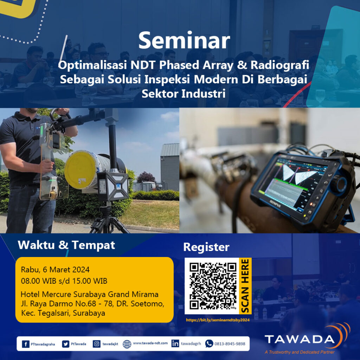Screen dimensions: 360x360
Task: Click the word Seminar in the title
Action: pyautogui.click(x=184, y=41)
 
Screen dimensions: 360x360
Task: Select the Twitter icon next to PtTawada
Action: pyautogui.click(x=66, y=344)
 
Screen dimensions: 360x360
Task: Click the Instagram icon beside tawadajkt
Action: pyautogui.click(x=97, y=344)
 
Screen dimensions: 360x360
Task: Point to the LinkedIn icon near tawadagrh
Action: pyautogui.click(x=175, y=344)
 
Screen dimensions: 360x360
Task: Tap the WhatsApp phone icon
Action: pyautogui.click(x=209, y=344)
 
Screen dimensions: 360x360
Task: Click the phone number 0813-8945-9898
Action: pyautogui.click(x=230, y=344)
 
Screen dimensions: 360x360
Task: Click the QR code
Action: pyautogui.click(x=213, y=286)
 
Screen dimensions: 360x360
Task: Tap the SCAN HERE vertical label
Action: pyautogui.click(x=245, y=286)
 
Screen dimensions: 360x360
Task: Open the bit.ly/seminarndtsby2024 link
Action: pyautogui.click(x=217, y=320)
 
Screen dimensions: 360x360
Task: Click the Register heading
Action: pyautogui.click(x=206, y=247)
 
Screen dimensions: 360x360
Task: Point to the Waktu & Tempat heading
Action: pyautogui.click(x=66, y=245)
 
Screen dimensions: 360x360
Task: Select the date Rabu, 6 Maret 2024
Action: pyautogui.click(x=55, y=270)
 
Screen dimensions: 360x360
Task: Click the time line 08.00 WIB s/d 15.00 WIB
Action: pyautogui.click(x=64, y=281)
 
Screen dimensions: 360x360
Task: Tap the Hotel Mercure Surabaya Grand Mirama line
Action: pyautogui.click(x=90, y=294)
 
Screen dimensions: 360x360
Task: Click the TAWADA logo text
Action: pyautogui.click(x=299, y=339)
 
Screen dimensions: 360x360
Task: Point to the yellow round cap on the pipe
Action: pyautogui.click(x=81, y=169)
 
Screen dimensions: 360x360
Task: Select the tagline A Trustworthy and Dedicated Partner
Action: pyautogui.click(x=300, y=352)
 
